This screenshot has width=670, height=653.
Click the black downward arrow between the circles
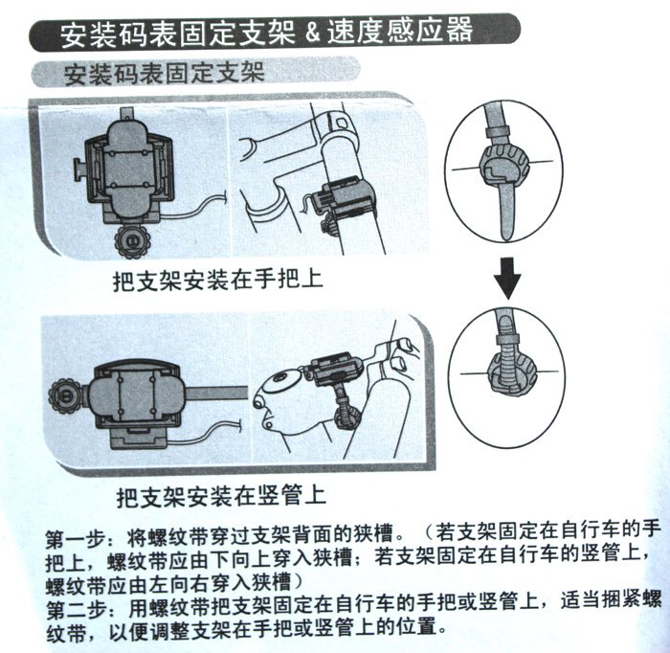pyautogui.click(x=506, y=279)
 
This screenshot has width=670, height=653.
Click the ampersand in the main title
pyautogui.click(x=313, y=34)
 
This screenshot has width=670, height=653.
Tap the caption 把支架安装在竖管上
pyautogui.click(x=221, y=496)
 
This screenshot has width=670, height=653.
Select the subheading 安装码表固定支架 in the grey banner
pyautogui.click(x=165, y=74)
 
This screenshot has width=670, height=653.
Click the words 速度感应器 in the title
pyautogui.click(x=400, y=31)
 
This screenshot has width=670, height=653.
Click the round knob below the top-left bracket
pyautogui.click(x=131, y=240)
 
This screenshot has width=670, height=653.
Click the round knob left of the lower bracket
pyautogui.click(x=64, y=396)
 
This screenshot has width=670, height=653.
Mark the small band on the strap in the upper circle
pyautogui.click(x=497, y=132)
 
